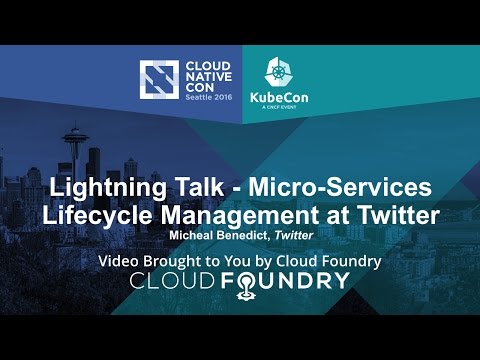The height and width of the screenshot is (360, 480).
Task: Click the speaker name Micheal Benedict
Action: click(x=221, y=235)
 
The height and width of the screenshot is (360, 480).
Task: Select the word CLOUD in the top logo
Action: click(x=207, y=62)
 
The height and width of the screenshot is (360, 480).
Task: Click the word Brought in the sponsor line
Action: click(x=183, y=262)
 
